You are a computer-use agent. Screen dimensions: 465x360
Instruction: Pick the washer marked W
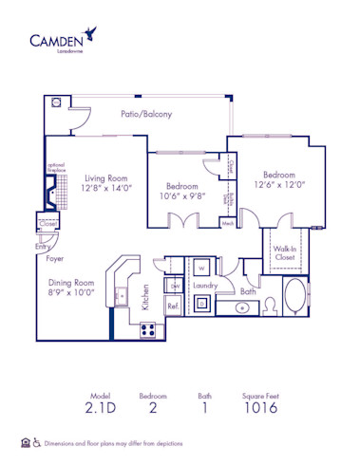click(202, 269)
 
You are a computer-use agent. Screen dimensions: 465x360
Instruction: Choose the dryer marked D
click(202, 304)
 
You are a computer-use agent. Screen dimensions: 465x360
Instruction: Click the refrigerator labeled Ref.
click(174, 306)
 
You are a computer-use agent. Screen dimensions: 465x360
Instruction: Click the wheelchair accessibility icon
click(37, 441)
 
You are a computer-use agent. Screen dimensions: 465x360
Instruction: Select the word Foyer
click(56, 257)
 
